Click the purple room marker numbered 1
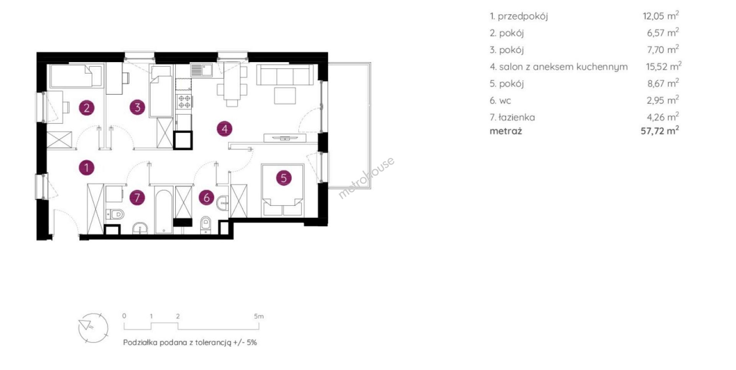[x=87, y=168]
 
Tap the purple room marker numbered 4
[x=225, y=129]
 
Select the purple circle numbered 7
[x=137, y=198]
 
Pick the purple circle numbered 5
[x=284, y=178]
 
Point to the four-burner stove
[x=184, y=101]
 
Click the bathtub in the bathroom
[x=164, y=210]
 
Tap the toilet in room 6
[x=206, y=225]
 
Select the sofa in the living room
[x=285, y=74]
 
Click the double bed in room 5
[x=283, y=191]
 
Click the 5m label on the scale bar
[x=259, y=316]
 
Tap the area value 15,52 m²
[x=664, y=66]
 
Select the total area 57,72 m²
[x=660, y=131]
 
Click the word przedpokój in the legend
[x=523, y=16]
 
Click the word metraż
[x=506, y=131]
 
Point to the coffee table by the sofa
[x=285, y=96]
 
